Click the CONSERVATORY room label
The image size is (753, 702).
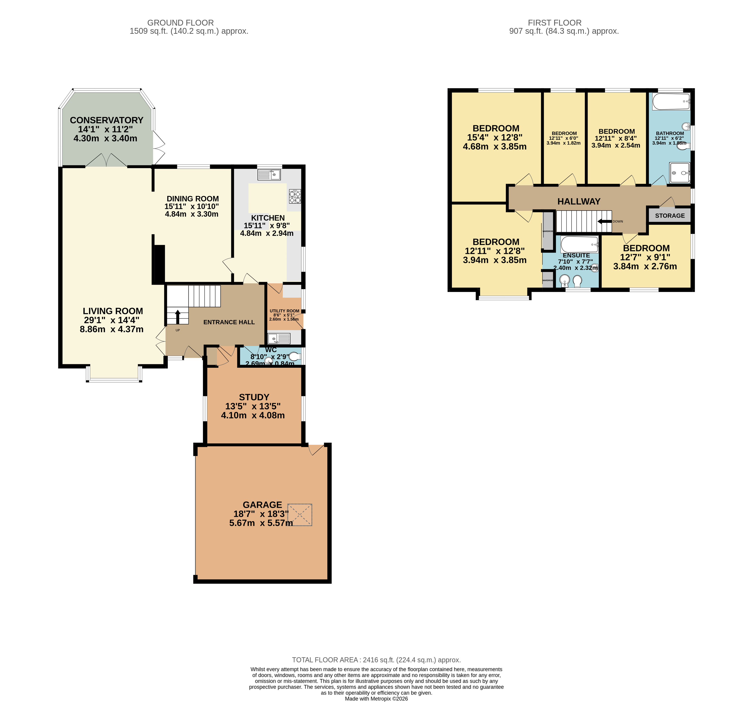coord(106,120)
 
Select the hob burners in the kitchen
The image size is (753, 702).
coord(295,196)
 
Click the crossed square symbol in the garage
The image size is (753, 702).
coord(300,515)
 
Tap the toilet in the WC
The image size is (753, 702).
coord(295,357)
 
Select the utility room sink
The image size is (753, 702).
coord(279,338)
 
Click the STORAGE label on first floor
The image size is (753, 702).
coord(670,215)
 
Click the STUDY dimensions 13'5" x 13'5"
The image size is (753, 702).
coord(253,406)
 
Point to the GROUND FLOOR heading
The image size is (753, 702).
coord(180,23)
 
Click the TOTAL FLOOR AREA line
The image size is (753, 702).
coord(376,660)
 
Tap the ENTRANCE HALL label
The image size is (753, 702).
coord(229,322)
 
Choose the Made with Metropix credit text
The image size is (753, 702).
coord(376,699)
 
